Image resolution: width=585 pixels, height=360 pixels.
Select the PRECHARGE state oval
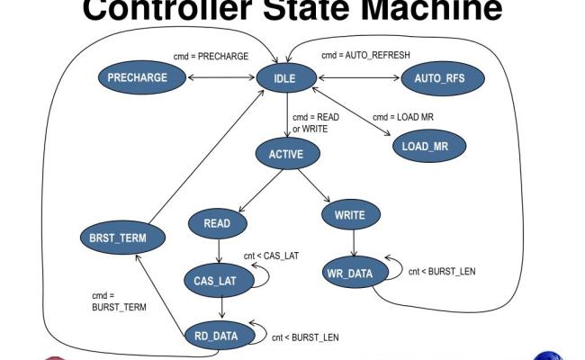pyautogui.click(x=138, y=77)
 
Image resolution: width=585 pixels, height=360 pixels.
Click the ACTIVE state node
pyautogui.click(x=285, y=154)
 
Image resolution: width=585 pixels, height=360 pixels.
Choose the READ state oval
pyautogui.click(x=218, y=223)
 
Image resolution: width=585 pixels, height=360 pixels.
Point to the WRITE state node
pyautogui.click(x=349, y=215)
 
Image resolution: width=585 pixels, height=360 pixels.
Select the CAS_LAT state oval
pyautogui.click(x=215, y=280)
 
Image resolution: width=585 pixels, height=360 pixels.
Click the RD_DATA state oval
pyautogui.click(x=216, y=336)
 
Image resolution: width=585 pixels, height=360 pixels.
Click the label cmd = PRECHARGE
pyautogui.click(x=211, y=56)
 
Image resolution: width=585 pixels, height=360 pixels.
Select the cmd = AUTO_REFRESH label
pyautogui.click(x=365, y=55)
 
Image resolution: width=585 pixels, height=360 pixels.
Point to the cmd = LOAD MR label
pyautogui.click(x=403, y=118)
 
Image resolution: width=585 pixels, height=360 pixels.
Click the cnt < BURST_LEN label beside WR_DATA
pyautogui.click(x=442, y=271)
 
